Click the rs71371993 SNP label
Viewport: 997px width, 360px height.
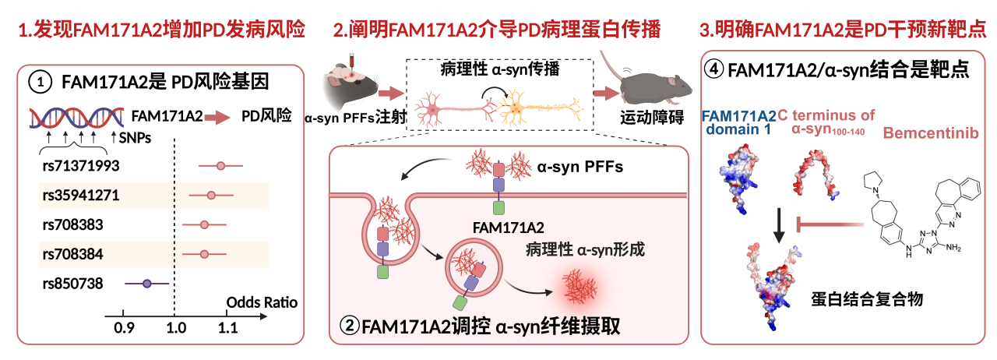tap(81, 165)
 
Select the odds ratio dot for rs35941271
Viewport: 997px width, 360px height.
tap(211, 195)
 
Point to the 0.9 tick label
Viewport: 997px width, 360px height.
tap(124, 327)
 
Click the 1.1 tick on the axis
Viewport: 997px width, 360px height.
tap(227, 327)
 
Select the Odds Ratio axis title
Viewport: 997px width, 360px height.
tap(262, 302)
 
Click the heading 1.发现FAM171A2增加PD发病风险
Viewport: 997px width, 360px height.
tap(160, 30)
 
